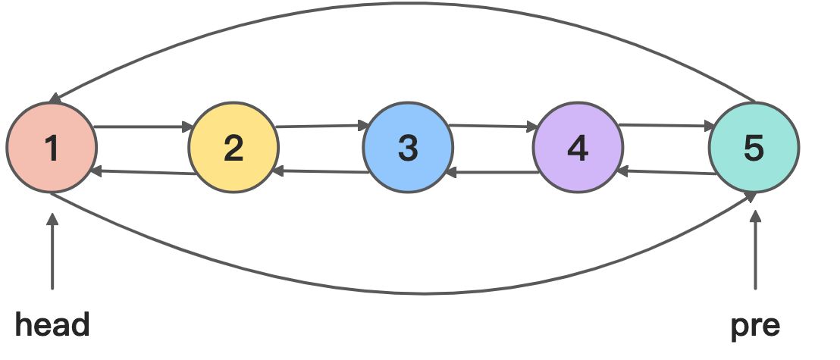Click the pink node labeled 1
(52, 148)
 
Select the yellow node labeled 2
(234, 148)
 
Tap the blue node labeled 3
(408, 148)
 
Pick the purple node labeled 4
(578, 148)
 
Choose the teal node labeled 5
(754, 148)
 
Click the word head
(52, 325)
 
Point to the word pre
(755, 325)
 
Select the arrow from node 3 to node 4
(493, 126)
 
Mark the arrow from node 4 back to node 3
(493, 173)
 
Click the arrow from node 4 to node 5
(666, 125)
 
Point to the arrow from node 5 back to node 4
(666, 172)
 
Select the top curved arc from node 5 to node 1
(402, 8)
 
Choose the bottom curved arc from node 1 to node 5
(402, 292)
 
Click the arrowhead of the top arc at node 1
(53, 99)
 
